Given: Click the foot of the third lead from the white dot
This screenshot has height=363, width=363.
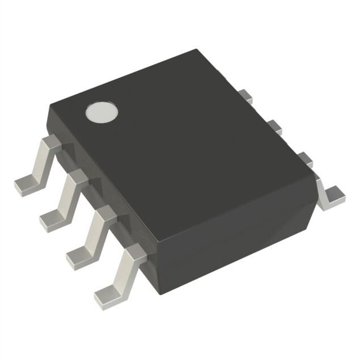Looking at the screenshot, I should [79, 256].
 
